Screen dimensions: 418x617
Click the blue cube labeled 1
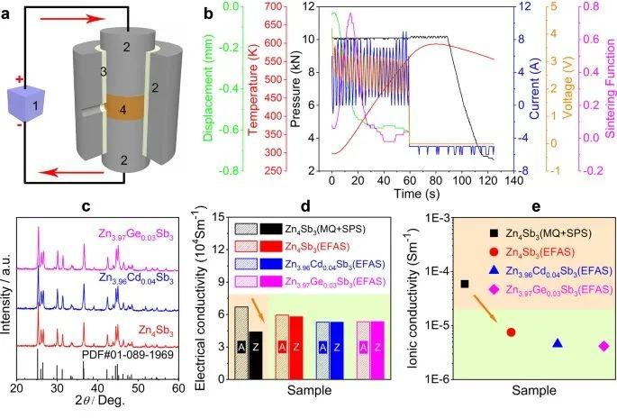click(34, 105)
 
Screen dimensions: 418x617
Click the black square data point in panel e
click(465, 284)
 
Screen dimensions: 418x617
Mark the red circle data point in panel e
click(511, 332)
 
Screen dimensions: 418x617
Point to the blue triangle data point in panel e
click(558, 343)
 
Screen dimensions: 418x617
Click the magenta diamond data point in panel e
click(603, 346)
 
